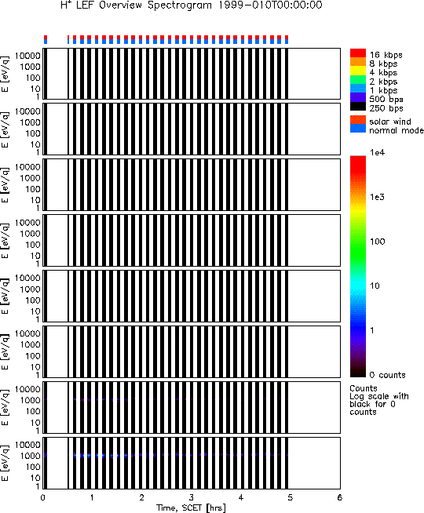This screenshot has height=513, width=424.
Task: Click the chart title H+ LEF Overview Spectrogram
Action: (137, 5)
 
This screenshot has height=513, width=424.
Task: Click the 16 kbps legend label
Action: (386, 55)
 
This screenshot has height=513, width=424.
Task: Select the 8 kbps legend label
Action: (383, 64)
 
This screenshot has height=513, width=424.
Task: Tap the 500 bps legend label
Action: (386, 100)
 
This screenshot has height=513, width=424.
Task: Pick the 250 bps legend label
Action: (386, 108)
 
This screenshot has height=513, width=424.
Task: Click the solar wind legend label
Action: (390, 122)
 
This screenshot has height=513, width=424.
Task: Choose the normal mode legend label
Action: (397, 130)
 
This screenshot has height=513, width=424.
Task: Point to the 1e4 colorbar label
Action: (378, 152)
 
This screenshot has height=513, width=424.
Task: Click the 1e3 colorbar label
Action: (378, 197)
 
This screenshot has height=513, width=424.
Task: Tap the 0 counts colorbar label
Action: (388, 375)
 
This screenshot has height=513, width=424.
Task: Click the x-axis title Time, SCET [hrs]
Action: (191, 508)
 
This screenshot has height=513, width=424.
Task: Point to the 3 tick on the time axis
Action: (192, 497)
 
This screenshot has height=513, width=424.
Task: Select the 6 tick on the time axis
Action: (339, 497)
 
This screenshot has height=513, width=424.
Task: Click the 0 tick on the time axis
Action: (43, 497)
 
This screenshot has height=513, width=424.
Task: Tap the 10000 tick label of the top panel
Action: (27, 56)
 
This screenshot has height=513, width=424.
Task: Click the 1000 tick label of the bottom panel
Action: (30, 456)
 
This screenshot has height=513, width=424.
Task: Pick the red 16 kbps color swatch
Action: (358, 53)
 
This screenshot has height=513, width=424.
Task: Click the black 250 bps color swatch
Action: (358, 107)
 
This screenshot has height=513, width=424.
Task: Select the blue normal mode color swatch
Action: (358, 129)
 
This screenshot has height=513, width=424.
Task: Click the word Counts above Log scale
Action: (364, 388)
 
